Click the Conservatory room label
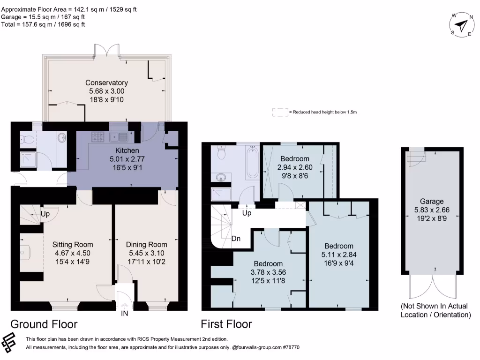coord(106,82)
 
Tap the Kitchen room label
coord(127,150)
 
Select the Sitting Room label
coord(73,244)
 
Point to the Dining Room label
coord(147,244)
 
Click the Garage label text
coord(432,202)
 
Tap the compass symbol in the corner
coord(462,25)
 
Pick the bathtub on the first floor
coord(252,162)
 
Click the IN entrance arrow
coord(124,307)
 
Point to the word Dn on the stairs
coord(236,239)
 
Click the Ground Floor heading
coord(44,324)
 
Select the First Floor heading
coord(226,324)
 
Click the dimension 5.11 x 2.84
coord(339,255)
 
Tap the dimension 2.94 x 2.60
coord(295,167)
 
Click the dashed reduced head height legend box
coord(280,112)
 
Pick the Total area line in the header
coord(43,24)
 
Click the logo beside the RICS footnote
coord(8,342)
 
